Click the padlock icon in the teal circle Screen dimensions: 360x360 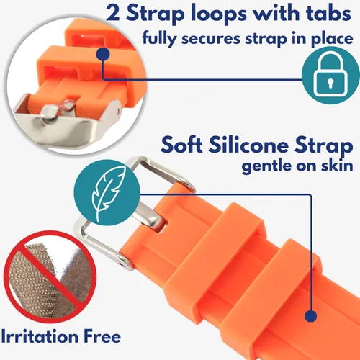[x=331, y=76]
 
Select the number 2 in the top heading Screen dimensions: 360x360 [x=113, y=14]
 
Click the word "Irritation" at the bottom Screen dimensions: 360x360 [x=40, y=336]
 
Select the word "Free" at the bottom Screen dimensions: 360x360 [x=102, y=336]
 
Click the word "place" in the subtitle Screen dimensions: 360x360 [x=332, y=39]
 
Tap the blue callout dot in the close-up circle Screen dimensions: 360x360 [x=103, y=54]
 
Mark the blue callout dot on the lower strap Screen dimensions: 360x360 [x=311, y=315]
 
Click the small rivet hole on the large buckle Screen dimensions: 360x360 [x=124, y=264]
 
